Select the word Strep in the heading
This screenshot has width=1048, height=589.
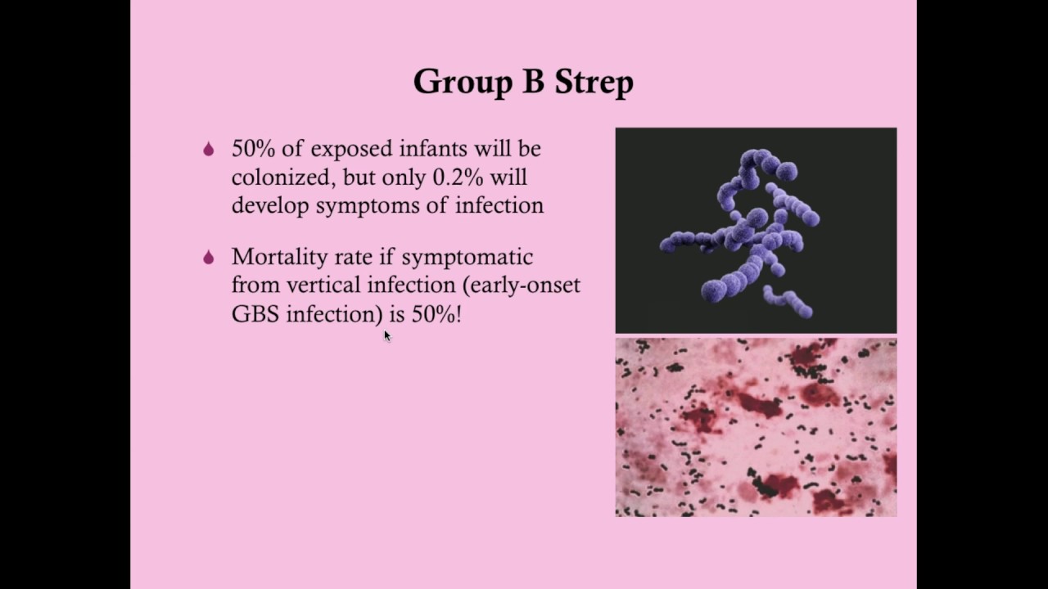(x=594, y=83)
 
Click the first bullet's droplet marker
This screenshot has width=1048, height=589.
(x=209, y=149)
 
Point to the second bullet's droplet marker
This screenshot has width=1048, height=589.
(x=209, y=257)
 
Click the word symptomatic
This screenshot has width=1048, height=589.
(x=467, y=258)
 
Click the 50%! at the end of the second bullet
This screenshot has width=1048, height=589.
(x=436, y=313)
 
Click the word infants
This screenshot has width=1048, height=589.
(x=433, y=149)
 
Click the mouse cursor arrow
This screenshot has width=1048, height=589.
(x=387, y=335)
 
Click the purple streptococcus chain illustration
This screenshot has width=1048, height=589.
(x=756, y=231)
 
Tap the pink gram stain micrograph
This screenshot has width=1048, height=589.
(x=756, y=427)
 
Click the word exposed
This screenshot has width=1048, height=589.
(x=352, y=149)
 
